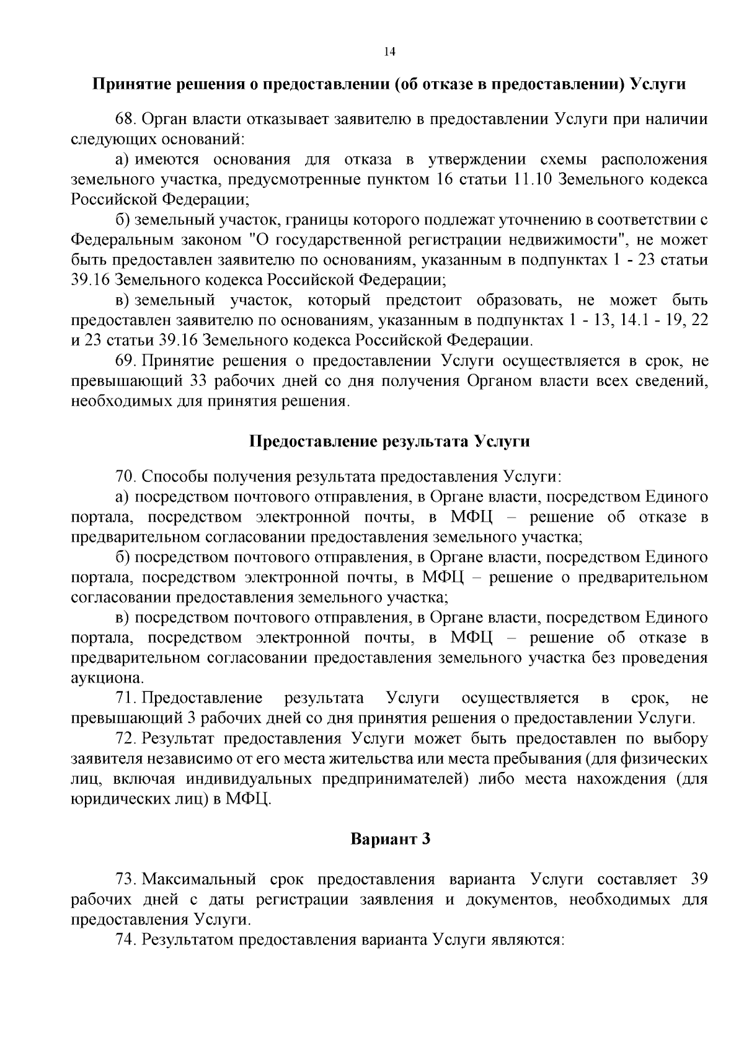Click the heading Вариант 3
click(390, 840)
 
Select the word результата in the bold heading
click(425, 442)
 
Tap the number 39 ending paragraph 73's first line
click(697, 879)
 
